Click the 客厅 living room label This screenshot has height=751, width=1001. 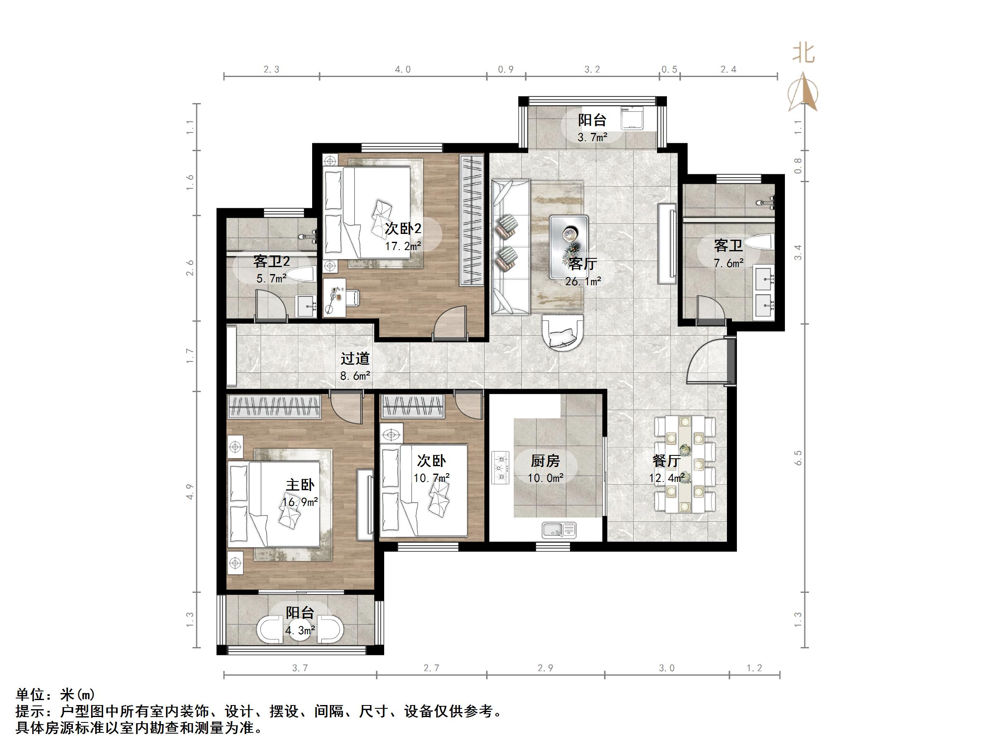point(582,263)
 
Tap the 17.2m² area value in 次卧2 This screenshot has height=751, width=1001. point(403,246)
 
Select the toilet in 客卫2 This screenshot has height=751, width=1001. point(301,274)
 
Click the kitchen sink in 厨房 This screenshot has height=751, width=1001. point(559,530)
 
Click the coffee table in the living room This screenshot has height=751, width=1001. point(569,247)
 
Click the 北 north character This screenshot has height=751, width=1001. point(804,53)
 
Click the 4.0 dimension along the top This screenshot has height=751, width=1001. point(403,69)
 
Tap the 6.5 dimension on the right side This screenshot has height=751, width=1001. point(798,457)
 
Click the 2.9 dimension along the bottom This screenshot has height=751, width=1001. point(545,668)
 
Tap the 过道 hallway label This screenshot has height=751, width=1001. point(355,359)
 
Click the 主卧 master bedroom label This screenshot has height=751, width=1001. point(300,485)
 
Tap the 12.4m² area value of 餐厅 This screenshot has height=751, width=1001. point(667,478)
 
